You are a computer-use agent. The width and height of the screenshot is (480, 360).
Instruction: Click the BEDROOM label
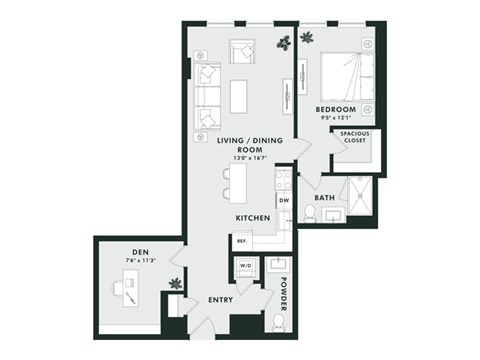point(336,109)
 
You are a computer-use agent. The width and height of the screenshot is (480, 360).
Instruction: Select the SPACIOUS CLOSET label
point(354,137)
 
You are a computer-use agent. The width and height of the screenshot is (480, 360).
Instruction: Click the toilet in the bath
point(310,213)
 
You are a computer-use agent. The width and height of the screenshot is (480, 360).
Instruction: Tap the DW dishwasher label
point(283,200)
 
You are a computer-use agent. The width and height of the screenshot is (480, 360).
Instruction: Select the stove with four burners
point(283,179)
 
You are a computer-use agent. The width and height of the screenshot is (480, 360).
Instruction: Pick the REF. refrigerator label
point(241,240)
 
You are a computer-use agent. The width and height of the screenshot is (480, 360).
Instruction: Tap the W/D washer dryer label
point(243,267)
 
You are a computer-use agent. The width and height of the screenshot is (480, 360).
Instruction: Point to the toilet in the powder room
point(276,322)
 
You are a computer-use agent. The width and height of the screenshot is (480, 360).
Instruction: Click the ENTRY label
point(221,299)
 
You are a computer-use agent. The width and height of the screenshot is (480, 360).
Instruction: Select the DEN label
point(140,251)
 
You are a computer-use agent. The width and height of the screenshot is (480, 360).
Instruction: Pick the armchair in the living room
point(242,52)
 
